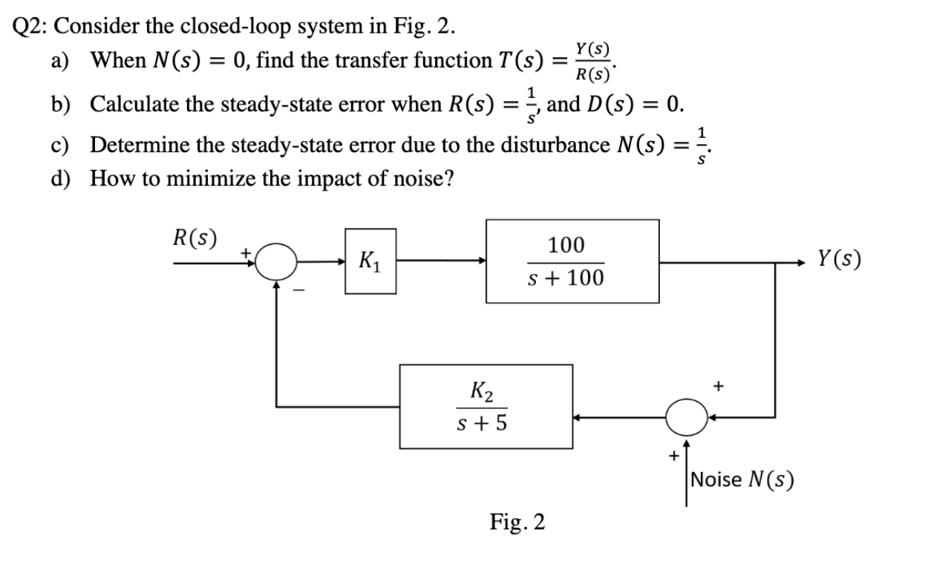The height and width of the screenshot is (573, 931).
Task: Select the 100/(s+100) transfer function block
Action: (x=572, y=261)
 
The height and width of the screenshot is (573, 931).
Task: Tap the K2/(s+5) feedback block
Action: (x=486, y=406)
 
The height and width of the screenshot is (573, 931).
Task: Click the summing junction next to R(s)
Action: (x=276, y=261)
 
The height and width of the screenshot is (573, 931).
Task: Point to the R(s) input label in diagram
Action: (x=195, y=239)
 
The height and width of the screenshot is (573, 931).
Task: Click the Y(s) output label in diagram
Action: (x=839, y=259)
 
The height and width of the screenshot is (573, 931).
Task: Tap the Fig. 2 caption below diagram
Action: (x=517, y=522)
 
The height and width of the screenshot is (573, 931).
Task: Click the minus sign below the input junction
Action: (x=297, y=291)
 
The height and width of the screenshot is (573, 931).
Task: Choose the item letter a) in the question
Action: (x=60, y=61)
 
